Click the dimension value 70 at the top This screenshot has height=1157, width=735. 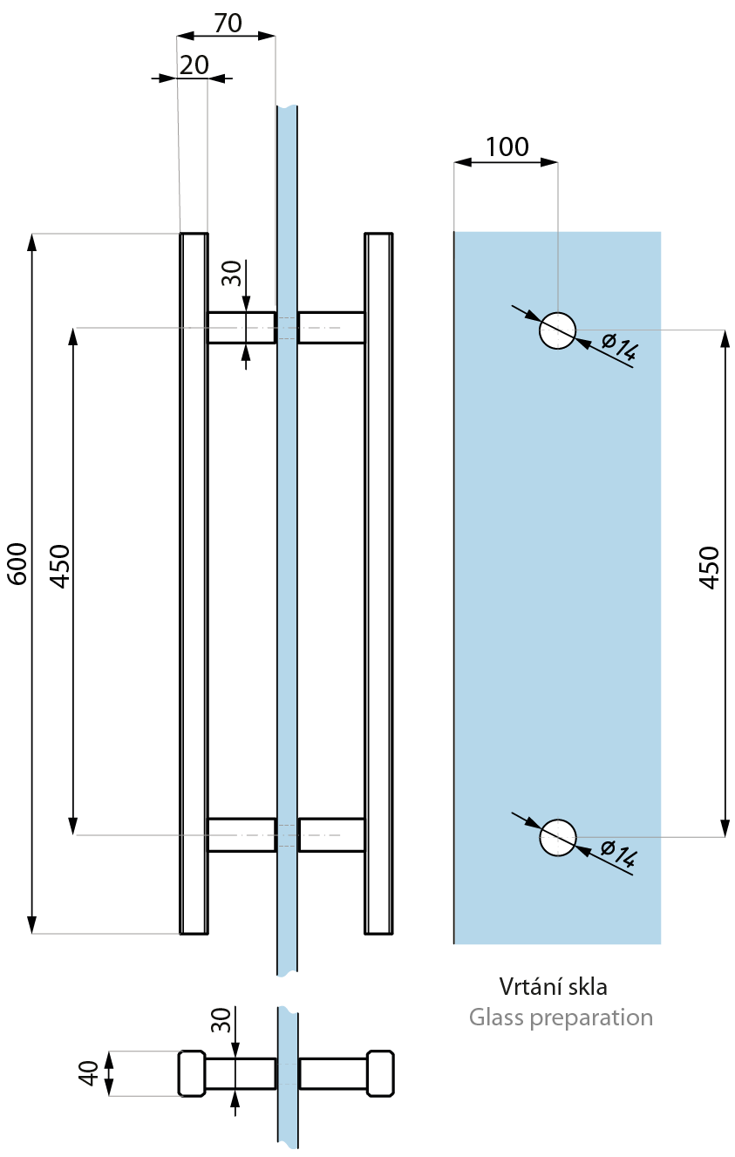click(228, 24)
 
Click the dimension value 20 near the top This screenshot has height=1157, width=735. click(194, 65)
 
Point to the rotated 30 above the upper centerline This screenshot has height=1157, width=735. click(231, 275)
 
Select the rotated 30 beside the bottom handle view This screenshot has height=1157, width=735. click(221, 1021)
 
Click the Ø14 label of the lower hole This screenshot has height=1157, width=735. click(620, 856)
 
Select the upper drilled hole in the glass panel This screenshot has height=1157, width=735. click(557, 330)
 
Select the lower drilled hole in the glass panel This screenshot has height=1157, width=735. click(557, 838)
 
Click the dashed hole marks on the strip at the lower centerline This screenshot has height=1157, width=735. click(287, 835)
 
